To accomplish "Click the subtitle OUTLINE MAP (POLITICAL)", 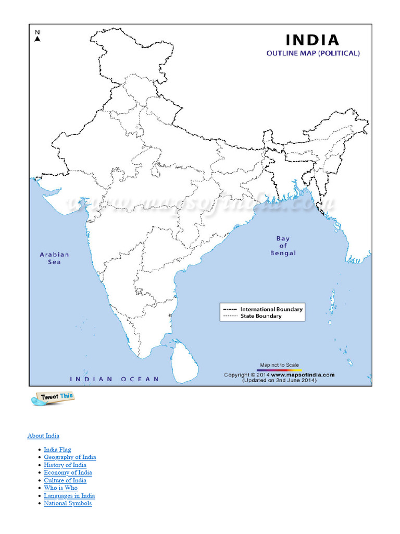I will coord(313,53).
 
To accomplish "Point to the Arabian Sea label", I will coord(54,258).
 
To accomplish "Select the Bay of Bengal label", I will coord(283,246).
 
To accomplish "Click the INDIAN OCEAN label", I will coord(115,379).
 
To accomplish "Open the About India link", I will coord(43,435).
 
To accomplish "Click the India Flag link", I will coord(57,450).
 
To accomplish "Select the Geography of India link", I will coord(70,457).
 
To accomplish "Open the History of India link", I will coord(65,465).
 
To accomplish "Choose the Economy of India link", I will coord(68,472).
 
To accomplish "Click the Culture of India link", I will coord(65,480).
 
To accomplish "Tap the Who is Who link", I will coord(60,488).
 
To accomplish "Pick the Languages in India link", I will coord(69,496).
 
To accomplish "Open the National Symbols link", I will coord(68,503).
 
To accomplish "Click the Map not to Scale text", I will coord(280,365).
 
